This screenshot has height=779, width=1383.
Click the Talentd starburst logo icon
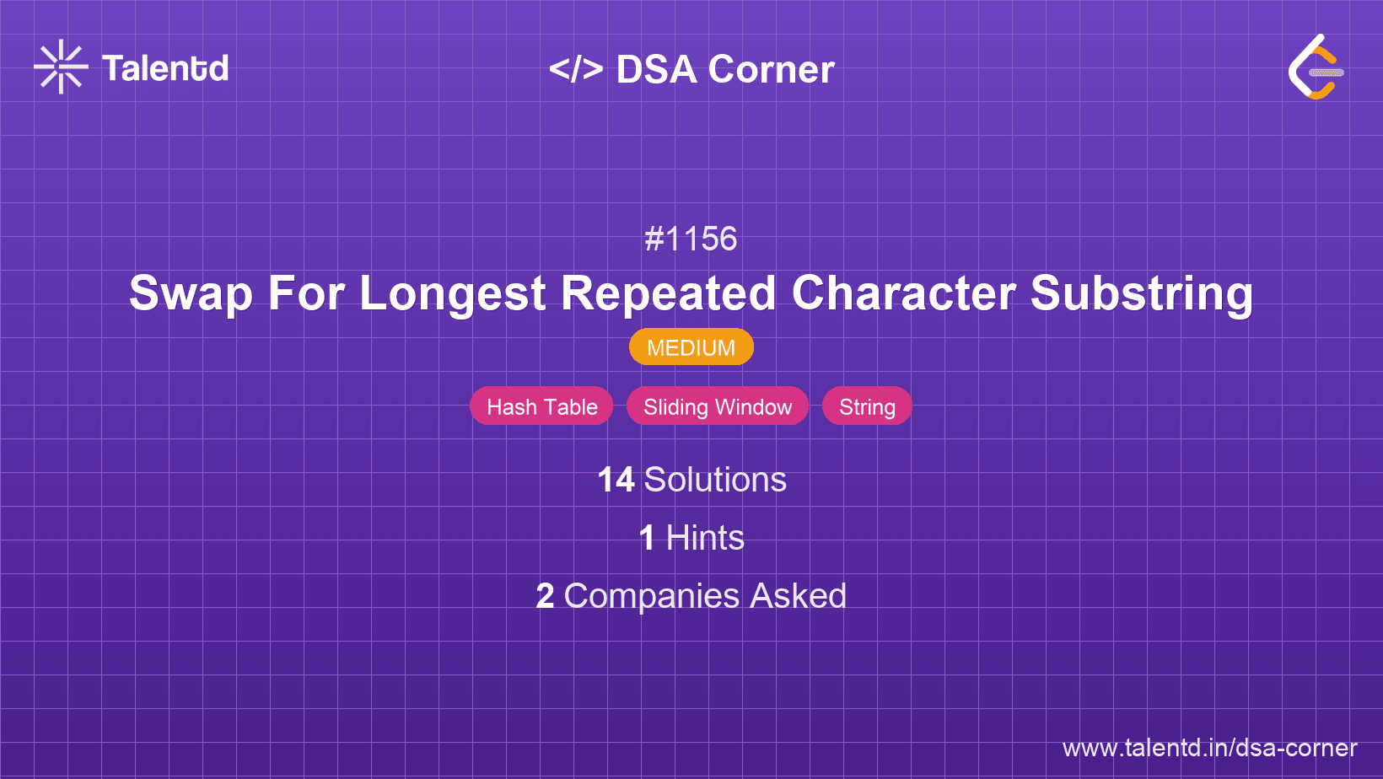pyautogui.click(x=61, y=67)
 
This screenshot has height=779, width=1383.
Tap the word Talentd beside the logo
pyautogui.click(x=165, y=68)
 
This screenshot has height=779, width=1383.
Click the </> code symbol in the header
pyautogui.click(x=576, y=69)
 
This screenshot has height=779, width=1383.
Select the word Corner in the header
pyautogui.click(x=772, y=69)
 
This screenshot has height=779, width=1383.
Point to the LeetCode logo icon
pyautogui.click(x=1316, y=67)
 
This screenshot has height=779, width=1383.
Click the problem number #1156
pyautogui.click(x=691, y=239)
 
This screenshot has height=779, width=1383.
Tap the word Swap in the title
pyautogui.click(x=191, y=293)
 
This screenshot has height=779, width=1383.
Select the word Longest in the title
pyautogui.click(x=453, y=293)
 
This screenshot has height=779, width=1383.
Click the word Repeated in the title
pyautogui.click(x=668, y=293)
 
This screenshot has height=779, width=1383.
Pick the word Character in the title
pyautogui.click(x=903, y=293)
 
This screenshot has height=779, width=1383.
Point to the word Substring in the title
pyautogui.click(x=1142, y=293)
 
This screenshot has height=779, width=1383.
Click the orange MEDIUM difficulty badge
pyautogui.click(x=691, y=347)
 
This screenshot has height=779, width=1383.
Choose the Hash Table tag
pyautogui.click(x=541, y=406)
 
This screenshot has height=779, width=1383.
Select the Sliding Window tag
pyautogui.click(x=718, y=406)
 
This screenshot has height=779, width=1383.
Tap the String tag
pyautogui.click(x=867, y=406)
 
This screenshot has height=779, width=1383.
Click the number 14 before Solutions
pyautogui.click(x=616, y=480)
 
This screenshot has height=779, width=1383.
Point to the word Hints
pyautogui.click(x=705, y=538)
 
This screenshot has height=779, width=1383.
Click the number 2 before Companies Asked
pyautogui.click(x=545, y=596)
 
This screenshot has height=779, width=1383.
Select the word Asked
pyautogui.click(x=798, y=596)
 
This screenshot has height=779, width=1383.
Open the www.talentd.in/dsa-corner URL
pyautogui.click(x=1209, y=748)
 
